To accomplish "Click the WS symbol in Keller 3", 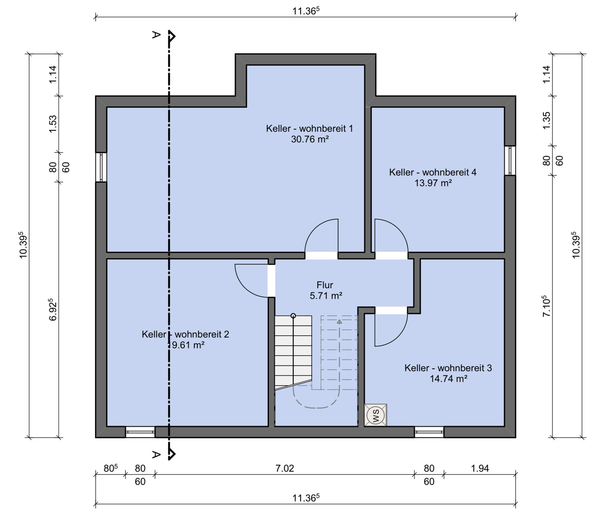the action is pyautogui.click(x=375, y=415).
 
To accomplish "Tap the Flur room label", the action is pyautogui.click(x=325, y=285).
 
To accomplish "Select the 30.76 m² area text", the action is pyautogui.click(x=310, y=139).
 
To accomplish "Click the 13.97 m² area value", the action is pyautogui.click(x=433, y=183).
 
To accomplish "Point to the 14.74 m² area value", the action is pyautogui.click(x=449, y=379).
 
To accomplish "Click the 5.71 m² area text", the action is pyautogui.click(x=326, y=296).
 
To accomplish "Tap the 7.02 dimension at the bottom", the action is pyautogui.click(x=285, y=468).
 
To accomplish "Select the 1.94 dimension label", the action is pyautogui.click(x=480, y=468).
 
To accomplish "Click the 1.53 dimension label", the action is pyautogui.click(x=53, y=124).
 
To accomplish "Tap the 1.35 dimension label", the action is pyautogui.click(x=547, y=120).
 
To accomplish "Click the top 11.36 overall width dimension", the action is pyautogui.click(x=306, y=11).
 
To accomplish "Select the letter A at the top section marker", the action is pyautogui.click(x=156, y=34).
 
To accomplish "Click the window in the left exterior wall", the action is pyautogui.click(x=101, y=167).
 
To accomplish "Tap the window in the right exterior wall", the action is pyautogui.click(x=510, y=160).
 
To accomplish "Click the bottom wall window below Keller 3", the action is pyautogui.click(x=429, y=432).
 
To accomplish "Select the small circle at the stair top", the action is pyautogui.click(x=293, y=316).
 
